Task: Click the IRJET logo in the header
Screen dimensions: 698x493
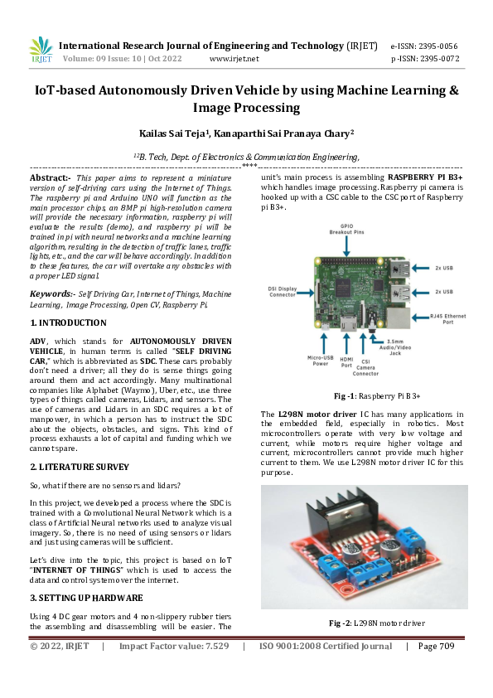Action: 41,50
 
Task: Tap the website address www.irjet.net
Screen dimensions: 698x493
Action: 234,59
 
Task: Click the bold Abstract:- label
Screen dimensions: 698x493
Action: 50,177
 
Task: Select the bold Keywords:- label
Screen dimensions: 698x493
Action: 52,293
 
